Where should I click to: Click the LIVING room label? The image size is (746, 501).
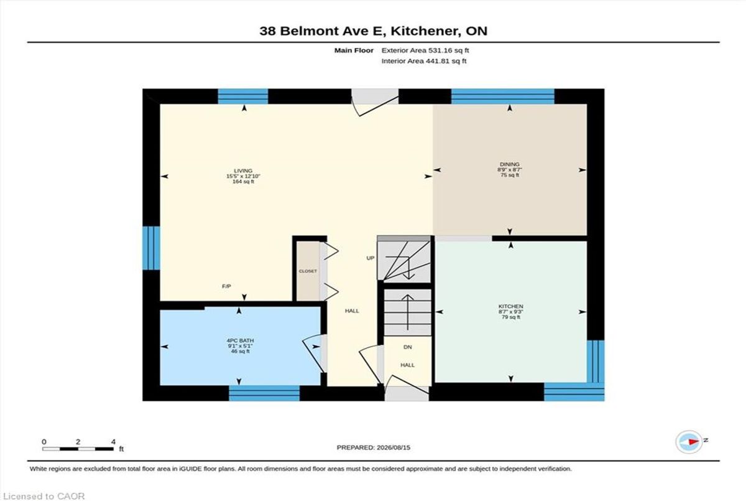tap(243, 171)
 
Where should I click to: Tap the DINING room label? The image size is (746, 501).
tap(510, 164)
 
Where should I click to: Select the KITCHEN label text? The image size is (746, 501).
tap(510, 306)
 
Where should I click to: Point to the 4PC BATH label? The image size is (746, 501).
tap(240, 340)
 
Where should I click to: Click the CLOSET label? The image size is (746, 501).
tap(308, 271)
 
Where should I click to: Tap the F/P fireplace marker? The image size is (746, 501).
tap(226, 286)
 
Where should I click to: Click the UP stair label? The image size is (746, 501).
tap(371, 258)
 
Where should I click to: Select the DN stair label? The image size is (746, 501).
tap(408, 347)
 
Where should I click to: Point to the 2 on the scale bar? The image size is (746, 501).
tap(78, 442)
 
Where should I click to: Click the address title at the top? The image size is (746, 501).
tap(374, 31)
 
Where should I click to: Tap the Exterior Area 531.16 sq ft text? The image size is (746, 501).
tap(425, 50)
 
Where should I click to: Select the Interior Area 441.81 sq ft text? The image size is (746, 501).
tap(423, 61)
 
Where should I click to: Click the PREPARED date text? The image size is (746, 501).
tap(374, 447)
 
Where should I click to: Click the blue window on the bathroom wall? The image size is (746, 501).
tap(264, 393)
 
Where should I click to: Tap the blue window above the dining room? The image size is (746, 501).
tap(502, 96)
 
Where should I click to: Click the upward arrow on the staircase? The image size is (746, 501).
tap(408, 312)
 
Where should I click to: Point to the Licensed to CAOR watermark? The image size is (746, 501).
tap(44, 497)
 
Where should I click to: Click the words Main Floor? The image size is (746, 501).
tap(354, 50)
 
